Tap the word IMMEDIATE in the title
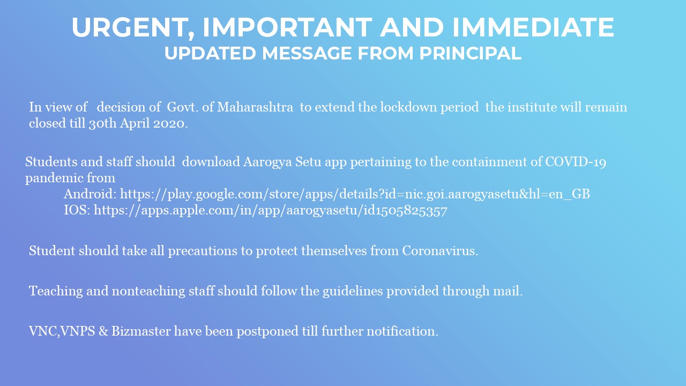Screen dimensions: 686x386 (x=533, y=27)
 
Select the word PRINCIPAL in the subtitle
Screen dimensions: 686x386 (x=470, y=53)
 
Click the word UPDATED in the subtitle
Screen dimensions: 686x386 (x=210, y=53)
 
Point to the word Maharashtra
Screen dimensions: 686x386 (x=255, y=107)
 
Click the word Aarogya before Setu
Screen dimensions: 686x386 (x=267, y=162)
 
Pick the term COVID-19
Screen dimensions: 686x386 (x=576, y=162)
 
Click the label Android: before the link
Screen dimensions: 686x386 (x=90, y=194)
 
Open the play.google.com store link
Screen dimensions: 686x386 (x=355, y=194)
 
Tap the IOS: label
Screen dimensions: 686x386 (x=77, y=210)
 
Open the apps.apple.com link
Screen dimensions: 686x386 (x=271, y=211)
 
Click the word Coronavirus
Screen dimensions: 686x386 (x=440, y=250)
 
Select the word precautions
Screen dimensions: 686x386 (x=203, y=251)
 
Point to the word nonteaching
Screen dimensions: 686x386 (x=148, y=291)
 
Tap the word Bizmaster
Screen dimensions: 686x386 (x=141, y=331)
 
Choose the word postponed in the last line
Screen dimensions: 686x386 (x=267, y=331)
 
